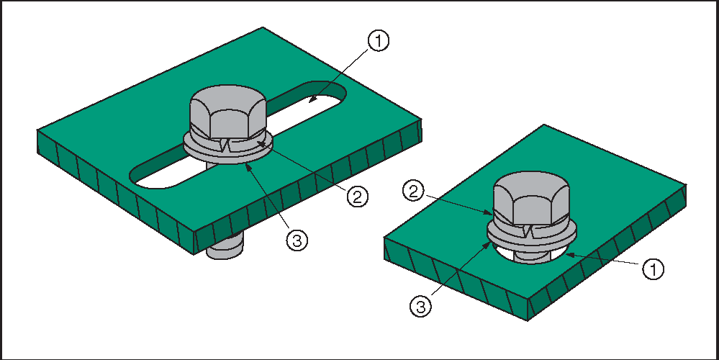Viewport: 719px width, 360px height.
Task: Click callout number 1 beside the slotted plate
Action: [x=378, y=41]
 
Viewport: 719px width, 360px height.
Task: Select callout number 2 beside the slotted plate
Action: [x=357, y=197]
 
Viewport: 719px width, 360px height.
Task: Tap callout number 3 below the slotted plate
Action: [x=297, y=240]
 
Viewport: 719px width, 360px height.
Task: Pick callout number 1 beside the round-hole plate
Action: [x=653, y=269]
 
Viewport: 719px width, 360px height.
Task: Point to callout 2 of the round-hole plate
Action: [x=414, y=192]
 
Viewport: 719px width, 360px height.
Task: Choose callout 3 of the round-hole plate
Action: [x=420, y=307]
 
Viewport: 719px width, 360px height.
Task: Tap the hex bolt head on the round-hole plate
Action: [x=531, y=198]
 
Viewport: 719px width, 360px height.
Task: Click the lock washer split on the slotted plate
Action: [x=225, y=145]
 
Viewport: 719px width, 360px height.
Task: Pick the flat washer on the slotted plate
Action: [x=228, y=151]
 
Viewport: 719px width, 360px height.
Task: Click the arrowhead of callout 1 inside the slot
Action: [x=311, y=98]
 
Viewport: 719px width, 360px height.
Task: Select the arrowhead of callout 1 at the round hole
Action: [x=569, y=254]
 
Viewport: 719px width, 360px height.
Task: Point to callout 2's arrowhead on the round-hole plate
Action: [x=489, y=213]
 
